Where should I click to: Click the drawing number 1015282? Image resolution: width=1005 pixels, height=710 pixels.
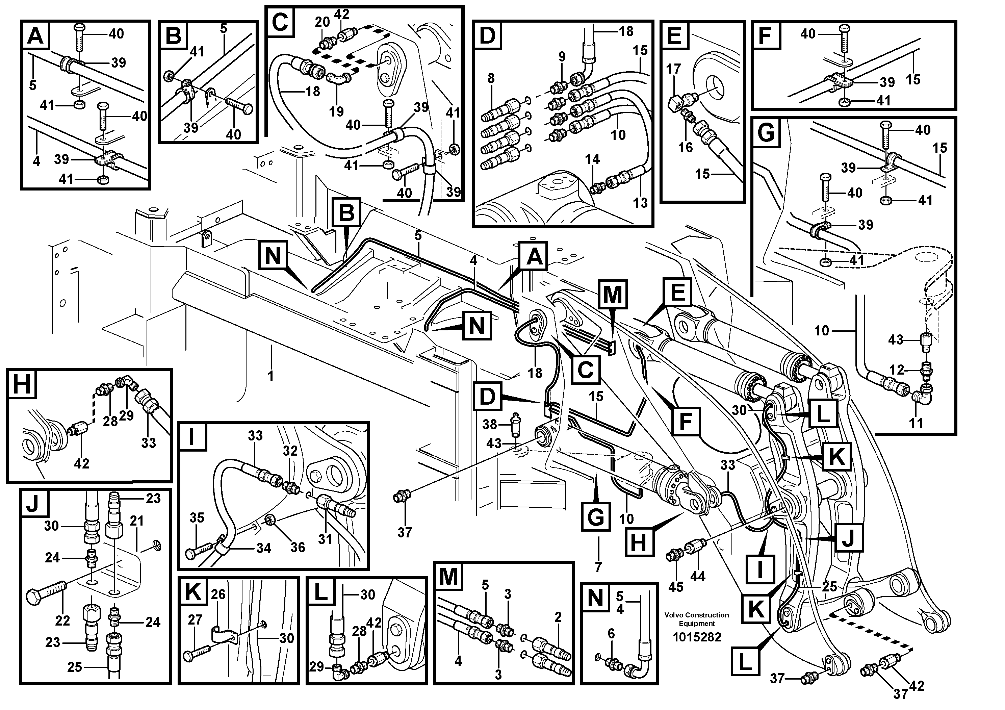pyautogui.click(x=696, y=637)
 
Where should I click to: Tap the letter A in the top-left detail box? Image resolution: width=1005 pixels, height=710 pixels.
pyautogui.click(x=35, y=35)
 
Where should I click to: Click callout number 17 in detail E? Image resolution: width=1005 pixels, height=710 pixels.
pyautogui.click(x=674, y=69)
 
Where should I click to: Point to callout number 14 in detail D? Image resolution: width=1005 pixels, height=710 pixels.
pyautogui.click(x=592, y=159)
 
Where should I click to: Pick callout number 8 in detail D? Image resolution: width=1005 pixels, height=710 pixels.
pyautogui.click(x=491, y=79)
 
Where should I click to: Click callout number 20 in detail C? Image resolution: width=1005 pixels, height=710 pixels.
pyautogui.click(x=322, y=22)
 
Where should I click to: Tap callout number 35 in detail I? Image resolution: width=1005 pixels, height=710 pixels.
pyautogui.click(x=197, y=518)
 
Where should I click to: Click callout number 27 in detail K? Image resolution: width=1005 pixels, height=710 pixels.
pyautogui.click(x=195, y=620)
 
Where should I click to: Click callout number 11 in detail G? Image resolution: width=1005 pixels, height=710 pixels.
pyautogui.click(x=916, y=423)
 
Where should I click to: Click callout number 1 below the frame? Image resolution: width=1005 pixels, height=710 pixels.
pyautogui.click(x=270, y=376)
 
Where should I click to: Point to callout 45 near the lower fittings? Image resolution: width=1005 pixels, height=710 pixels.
pyautogui.click(x=676, y=587)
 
